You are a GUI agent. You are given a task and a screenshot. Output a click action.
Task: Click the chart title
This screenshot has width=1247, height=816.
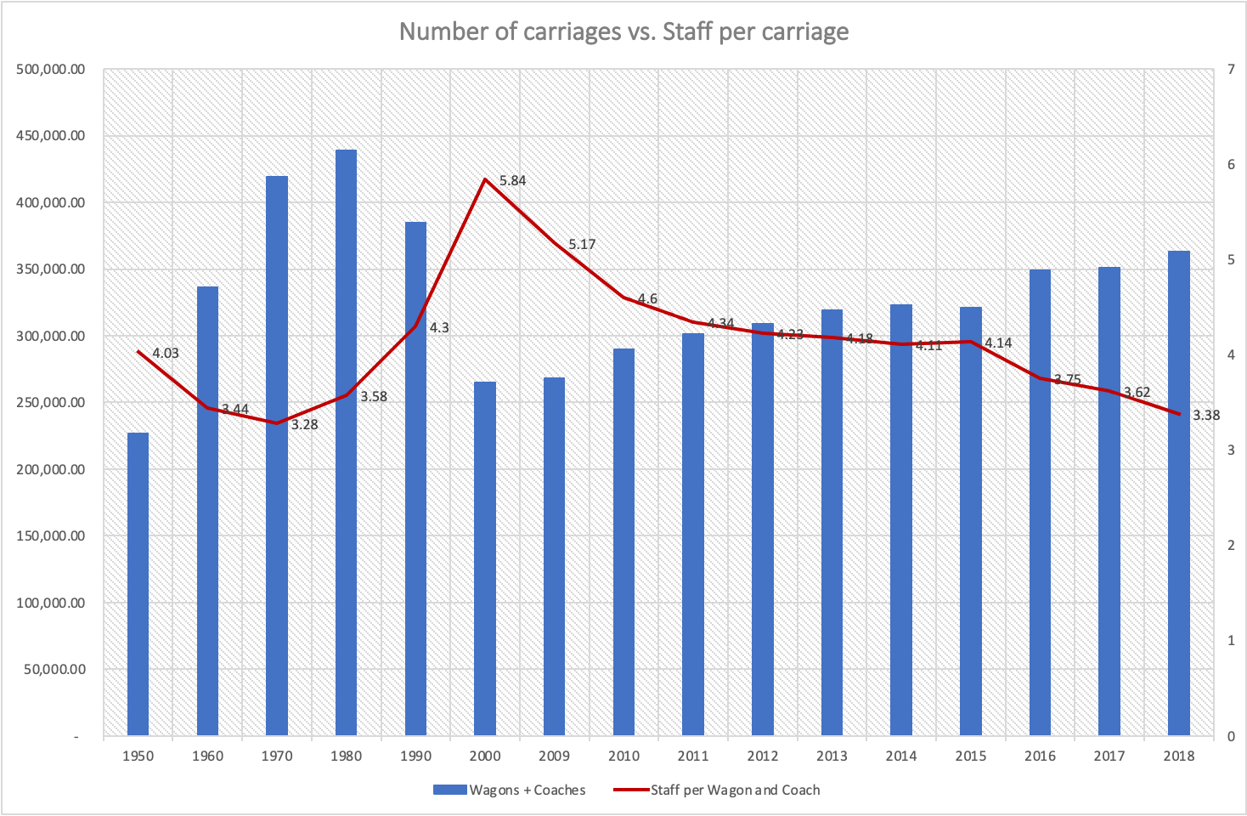623,31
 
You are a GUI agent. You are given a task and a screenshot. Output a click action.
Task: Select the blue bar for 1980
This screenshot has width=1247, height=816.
346,442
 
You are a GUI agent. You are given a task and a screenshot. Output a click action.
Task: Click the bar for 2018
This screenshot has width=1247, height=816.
1178,493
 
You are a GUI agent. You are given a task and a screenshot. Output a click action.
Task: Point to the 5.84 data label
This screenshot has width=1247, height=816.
512,181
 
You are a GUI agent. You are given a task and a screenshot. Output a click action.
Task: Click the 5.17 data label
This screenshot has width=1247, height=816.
582,245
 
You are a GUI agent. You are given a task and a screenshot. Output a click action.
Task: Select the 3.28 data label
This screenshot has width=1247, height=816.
304,424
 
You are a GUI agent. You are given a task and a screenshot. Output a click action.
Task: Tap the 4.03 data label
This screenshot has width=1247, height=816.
166,354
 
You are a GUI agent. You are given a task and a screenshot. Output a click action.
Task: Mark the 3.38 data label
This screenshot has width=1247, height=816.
1205,416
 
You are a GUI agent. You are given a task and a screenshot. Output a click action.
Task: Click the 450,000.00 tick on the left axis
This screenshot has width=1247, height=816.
51,136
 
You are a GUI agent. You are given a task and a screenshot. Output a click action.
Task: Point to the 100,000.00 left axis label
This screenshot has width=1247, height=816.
51,603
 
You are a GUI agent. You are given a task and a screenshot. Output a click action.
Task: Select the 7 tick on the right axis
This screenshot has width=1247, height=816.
1231,70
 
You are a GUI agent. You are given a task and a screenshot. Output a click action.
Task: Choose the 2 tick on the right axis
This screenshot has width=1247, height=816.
1231,546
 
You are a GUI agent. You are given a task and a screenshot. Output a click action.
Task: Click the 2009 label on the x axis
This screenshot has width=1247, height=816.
554,756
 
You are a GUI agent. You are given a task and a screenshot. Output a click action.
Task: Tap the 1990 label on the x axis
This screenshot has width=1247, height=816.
415,756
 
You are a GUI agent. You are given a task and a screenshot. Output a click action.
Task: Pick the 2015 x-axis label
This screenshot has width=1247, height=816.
970,756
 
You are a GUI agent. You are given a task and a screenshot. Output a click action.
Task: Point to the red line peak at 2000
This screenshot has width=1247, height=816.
485,179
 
